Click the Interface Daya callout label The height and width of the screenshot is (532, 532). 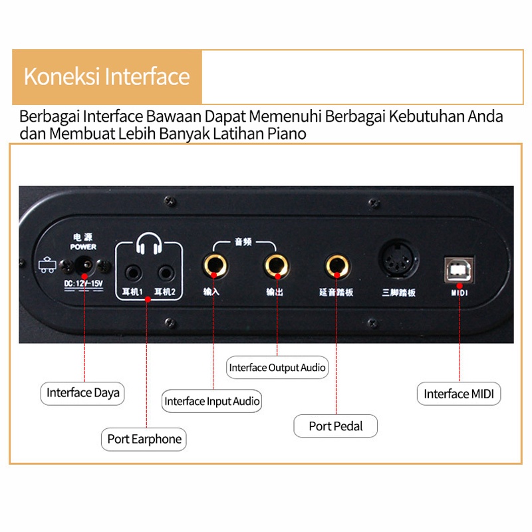click(x=82, y=393)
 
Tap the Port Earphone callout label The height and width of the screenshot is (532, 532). click(x=144, y=440)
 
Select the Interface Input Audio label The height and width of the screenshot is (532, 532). click(x=211, y=401)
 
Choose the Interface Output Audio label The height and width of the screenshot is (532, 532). click(x=277, y=368)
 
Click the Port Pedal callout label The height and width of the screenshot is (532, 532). click(x=336, y=426)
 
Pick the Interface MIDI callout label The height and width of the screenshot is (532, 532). click(x=459, y=394)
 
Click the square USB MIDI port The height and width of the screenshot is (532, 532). click(x=459, y=270)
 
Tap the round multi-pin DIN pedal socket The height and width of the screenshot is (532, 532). click(x=399, y=260)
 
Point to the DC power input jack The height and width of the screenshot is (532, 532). click(x=84, y=265)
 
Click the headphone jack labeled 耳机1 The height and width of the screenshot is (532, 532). click(x=134, y=273)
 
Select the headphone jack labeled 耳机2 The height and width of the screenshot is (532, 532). click(x=166, y=273)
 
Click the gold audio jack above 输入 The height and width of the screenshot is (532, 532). click(x=215, y=266)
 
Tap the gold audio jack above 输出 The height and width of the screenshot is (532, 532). click(x=277, y=266)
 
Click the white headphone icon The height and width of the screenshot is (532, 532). click(x=148, y=243)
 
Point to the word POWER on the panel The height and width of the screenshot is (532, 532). click(x=83, y=247)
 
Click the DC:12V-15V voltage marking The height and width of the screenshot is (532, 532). click(x=84, y=284)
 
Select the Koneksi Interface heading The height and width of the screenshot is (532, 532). click(x=106, y=76)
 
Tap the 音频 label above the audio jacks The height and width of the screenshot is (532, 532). click(x=243, y=242)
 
